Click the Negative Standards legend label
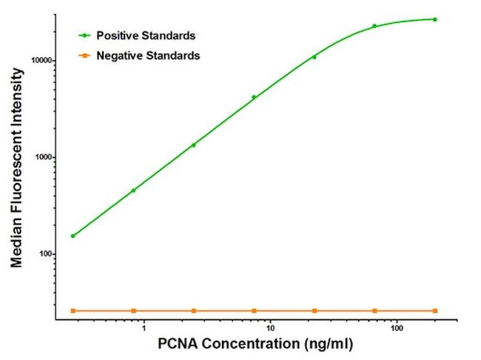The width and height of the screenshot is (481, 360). [142, 56]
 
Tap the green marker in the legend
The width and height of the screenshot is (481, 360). [86, 36]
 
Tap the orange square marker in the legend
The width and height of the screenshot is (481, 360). [86, 56]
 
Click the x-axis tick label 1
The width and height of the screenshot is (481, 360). [144, 327]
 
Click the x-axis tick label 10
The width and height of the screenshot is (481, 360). [271, 327]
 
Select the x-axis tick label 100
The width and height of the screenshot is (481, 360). [397, 327]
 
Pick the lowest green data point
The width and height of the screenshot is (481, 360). [73, 236]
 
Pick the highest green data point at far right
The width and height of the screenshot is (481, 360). [435, 19]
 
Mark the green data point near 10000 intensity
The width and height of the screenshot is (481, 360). [314, 57]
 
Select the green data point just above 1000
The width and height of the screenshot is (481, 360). [194, 145]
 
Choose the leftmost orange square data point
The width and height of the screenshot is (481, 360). [73, 310]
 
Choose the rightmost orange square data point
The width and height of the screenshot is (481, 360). [435, 310]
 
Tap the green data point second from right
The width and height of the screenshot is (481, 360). [374, 26]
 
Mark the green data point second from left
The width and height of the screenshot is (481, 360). [133, 190]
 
